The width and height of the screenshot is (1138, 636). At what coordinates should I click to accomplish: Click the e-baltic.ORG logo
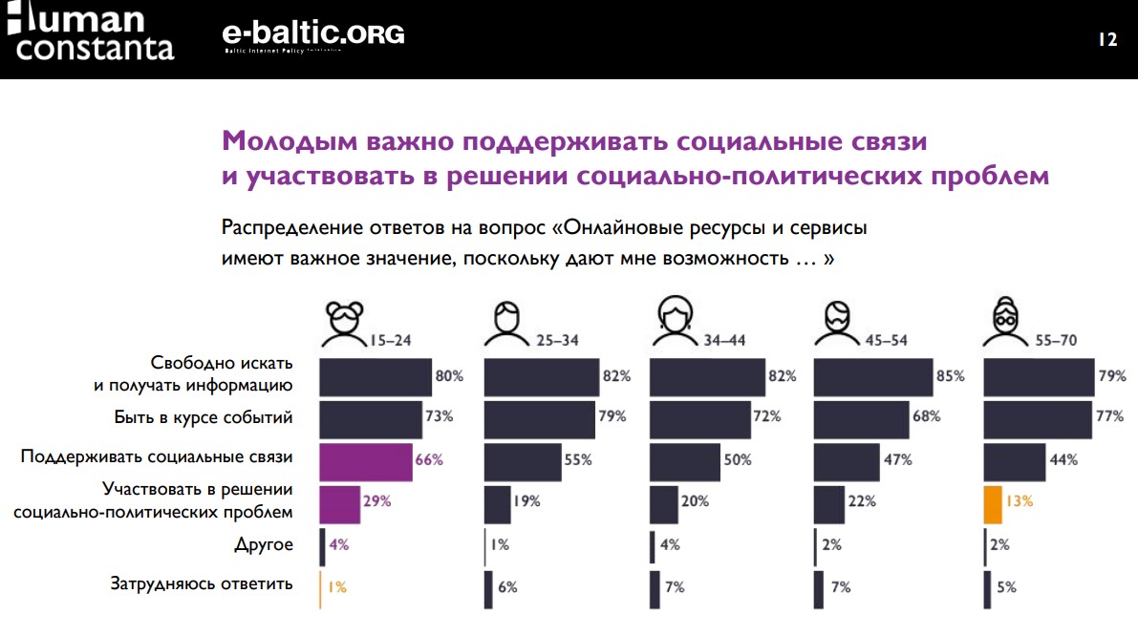point(312,35)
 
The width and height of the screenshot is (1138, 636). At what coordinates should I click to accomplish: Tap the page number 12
point(1107,39)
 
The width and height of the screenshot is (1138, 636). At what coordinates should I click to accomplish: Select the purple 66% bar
point(365,459)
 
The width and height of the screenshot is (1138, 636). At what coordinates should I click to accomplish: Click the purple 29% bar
point(339,502)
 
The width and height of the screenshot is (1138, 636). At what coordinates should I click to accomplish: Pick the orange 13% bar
point(992,502)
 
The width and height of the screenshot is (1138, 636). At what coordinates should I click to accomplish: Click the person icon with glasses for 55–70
point(1006,322)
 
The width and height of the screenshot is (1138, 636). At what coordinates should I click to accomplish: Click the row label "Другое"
point(263,545)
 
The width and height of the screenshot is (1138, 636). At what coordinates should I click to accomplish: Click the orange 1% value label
point(336,588)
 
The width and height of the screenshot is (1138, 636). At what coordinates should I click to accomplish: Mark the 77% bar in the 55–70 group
point(1038,418)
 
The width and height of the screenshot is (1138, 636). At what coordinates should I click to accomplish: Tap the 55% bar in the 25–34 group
point(523,459)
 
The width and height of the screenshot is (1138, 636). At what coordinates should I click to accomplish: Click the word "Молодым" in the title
point(288,142)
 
